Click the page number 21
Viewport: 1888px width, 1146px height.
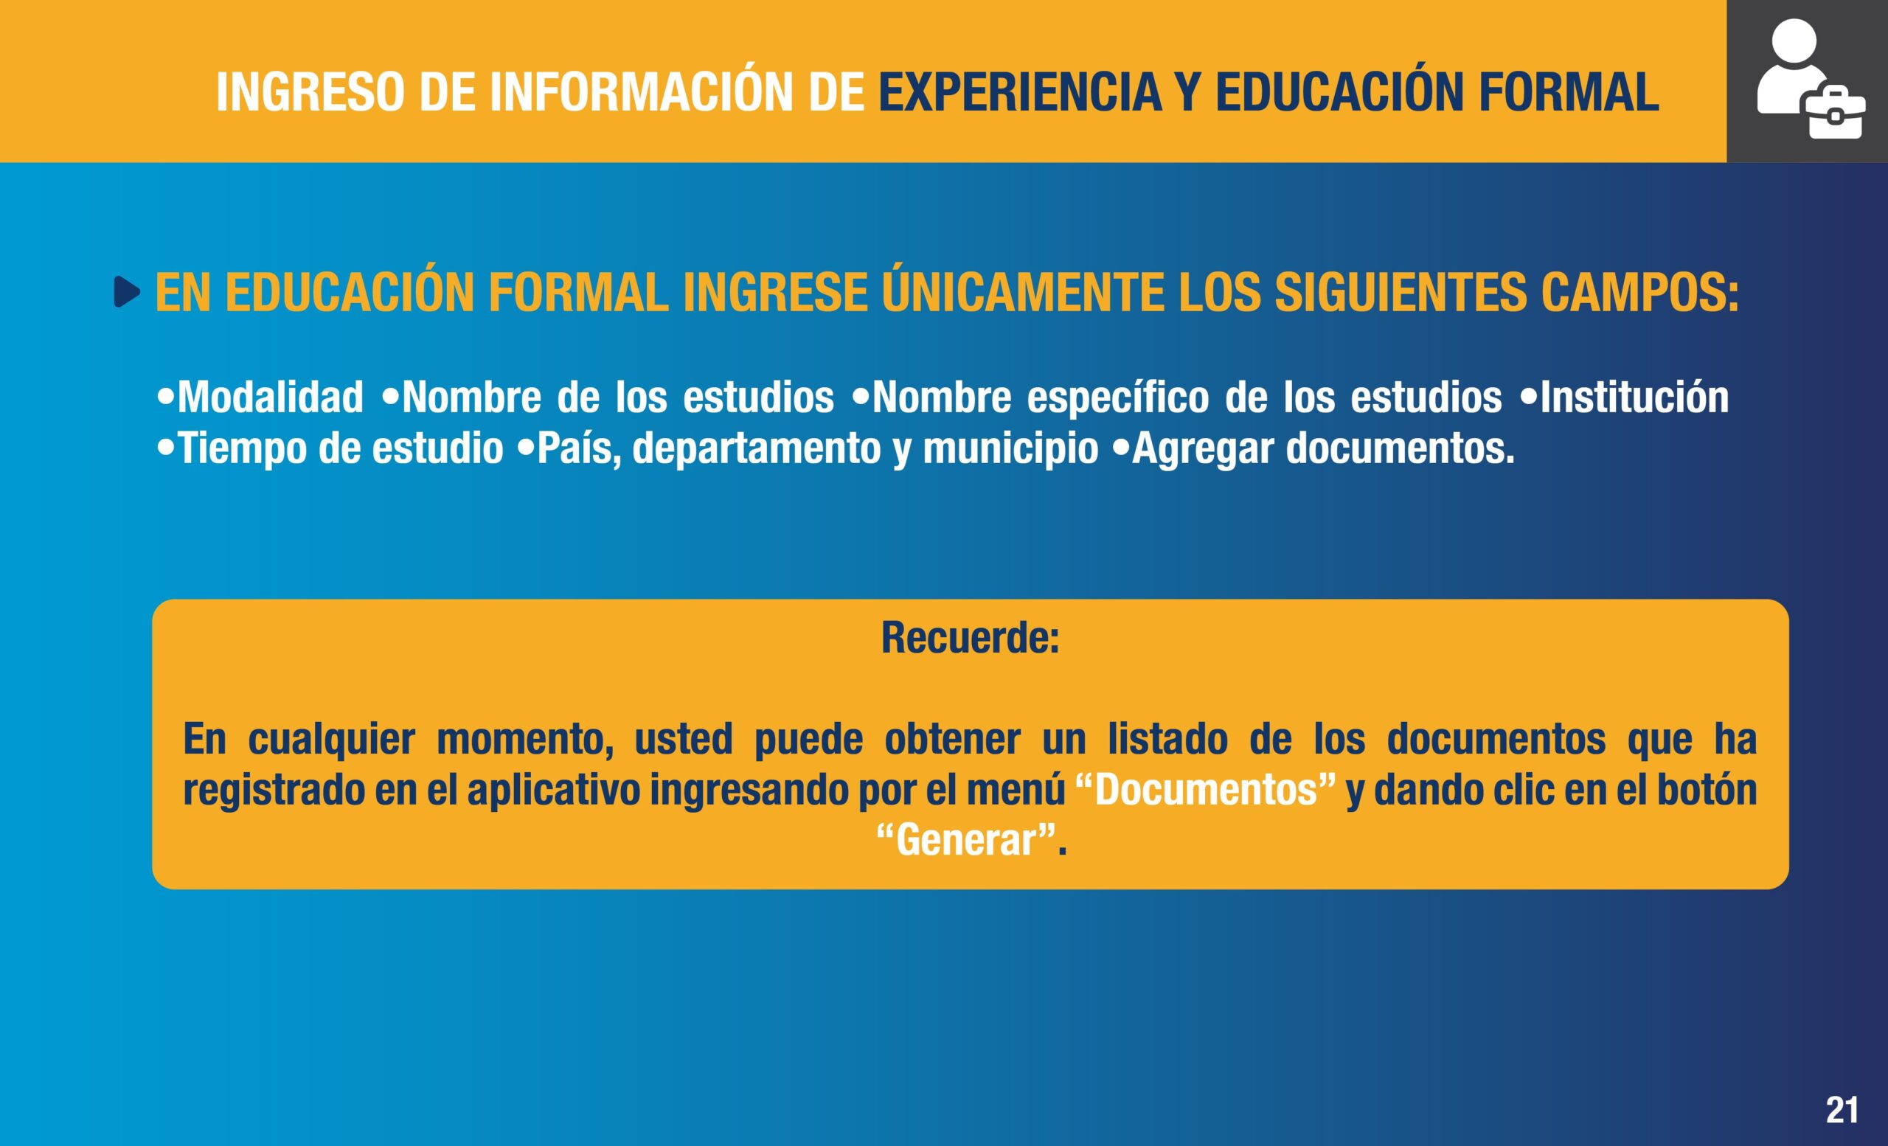pyautogui.click(x=1842, y=1109)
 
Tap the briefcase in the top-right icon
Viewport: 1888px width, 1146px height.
pyautogui.click(x=1835, y=116)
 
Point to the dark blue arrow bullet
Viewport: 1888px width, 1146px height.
pyautogui.click(x=127, y=292)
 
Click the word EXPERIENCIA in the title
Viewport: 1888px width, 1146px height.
pyautogui.click(x=1020, y=92)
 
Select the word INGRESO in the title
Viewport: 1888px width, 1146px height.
pyautogui.click(x=310, y=92)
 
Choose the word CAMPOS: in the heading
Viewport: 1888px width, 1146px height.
pyautogui.click(x=1639, y=293)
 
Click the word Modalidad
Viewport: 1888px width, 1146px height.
pyautogui.click(x=271, y=397)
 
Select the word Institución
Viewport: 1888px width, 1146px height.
pyautogui.click(x=1634, y=397)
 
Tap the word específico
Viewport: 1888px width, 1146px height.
pyautogui.click(x=1118, y=398)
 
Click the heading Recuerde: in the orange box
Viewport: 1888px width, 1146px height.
pyautogui.click(x=970, y=637)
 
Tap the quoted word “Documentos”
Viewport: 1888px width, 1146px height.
pyautogui.click(x=1206, y=790)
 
